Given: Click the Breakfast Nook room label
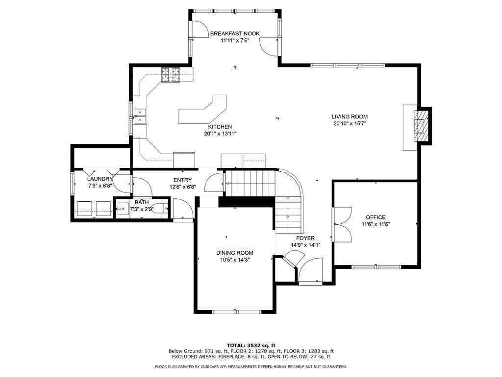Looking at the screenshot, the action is click(235, 33).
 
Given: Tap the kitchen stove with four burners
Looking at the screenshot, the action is click(171, 75).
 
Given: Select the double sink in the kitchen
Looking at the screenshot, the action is click(140, 116).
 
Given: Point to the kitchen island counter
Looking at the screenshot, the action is click(203, 109).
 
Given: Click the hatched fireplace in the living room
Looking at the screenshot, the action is click(421, 126).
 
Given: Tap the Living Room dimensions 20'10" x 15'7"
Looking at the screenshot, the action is click(349, 123).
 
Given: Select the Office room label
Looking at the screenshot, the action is click(376, 217).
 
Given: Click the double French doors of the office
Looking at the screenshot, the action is click(342, 224).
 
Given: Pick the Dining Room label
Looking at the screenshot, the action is click(235, 253).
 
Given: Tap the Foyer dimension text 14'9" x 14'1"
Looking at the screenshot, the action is click(305, 245).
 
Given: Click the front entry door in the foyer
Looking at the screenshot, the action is click(310, 270).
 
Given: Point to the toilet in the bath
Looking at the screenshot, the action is click(160, 209).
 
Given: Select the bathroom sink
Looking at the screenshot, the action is click(123, 209).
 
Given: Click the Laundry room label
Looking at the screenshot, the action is click(100, 179).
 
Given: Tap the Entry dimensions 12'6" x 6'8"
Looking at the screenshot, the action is click(182, 187).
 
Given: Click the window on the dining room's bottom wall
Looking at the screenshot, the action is click(237, 312).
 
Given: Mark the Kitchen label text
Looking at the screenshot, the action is click(220, 127).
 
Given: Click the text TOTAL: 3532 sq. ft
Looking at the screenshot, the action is click(251, 345).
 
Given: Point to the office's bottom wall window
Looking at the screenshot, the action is click(376, 267).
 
